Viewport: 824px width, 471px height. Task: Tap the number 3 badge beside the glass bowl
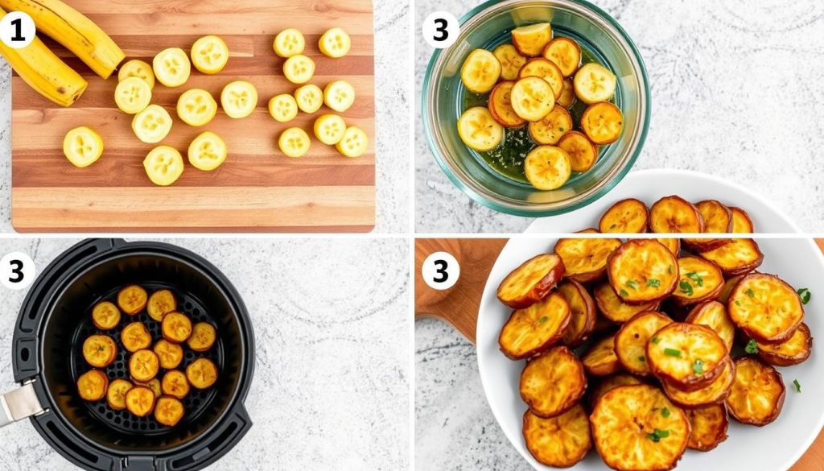(x=440, y=30)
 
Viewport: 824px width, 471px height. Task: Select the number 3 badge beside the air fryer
(x=16, y=271)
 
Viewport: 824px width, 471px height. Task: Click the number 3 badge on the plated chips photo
(x=440, y=271)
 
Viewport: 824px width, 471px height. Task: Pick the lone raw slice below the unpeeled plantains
(x=83, y=147)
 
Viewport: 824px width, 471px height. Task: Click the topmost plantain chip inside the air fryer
(x=133, y=300)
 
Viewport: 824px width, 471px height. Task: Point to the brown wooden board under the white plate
(x=452, y=300)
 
